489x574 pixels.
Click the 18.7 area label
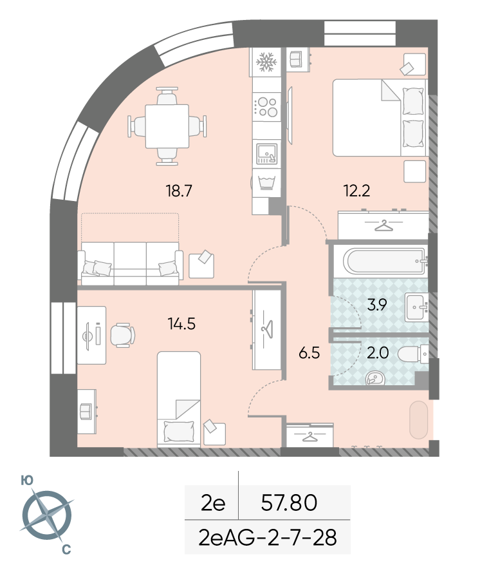pos(179,191)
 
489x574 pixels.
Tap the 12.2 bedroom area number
pos(356,191)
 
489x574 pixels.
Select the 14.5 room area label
pos(181,323)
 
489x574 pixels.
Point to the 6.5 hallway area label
pos(309,353)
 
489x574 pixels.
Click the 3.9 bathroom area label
pos(377,305)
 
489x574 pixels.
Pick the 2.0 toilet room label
pos(378,353)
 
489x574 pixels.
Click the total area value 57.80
pos(289,502)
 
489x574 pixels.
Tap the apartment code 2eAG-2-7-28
pos(268,538)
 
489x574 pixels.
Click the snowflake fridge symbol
pos(266,62)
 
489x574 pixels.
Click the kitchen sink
pos(267,154)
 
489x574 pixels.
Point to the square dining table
pos(167,126)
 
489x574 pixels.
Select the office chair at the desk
pos(122,335)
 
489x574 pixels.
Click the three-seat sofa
pos(130,263)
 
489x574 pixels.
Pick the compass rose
pos(47,515)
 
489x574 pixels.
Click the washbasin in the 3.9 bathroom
pos(416,307)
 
